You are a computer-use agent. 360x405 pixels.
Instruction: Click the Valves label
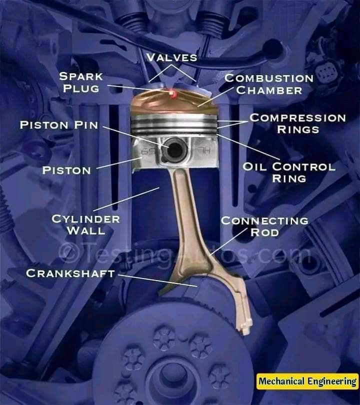click(x=171, y=57)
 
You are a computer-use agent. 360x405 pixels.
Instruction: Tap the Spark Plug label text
click(x=81, y=82)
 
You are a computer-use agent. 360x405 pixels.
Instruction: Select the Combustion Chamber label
click(x=269, y=84)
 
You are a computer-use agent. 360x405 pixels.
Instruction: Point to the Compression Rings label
click(x=298, y=123)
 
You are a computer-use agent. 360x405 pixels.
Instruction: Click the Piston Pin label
click(x=59, y=125)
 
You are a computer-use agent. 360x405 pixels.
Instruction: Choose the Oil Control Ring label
click(x=289, y=172)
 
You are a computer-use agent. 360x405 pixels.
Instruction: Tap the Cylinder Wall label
click(x=86, y=224)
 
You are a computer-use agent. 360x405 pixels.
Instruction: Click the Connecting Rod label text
click(x=264, y=226)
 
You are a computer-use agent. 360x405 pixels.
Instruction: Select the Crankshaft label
click(x=70, y=273)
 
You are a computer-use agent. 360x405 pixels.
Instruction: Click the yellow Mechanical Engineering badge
click(x=307, y=381)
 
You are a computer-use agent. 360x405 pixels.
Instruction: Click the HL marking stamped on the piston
click(x=205, y=150)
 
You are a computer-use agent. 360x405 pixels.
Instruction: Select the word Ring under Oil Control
click(x=289, y=178)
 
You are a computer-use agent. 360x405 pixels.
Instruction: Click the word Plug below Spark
click(x=81, y=88)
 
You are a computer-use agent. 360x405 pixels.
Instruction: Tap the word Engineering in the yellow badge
click(x=332, y=381)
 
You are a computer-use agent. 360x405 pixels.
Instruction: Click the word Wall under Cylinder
click(x=86, y=230)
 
